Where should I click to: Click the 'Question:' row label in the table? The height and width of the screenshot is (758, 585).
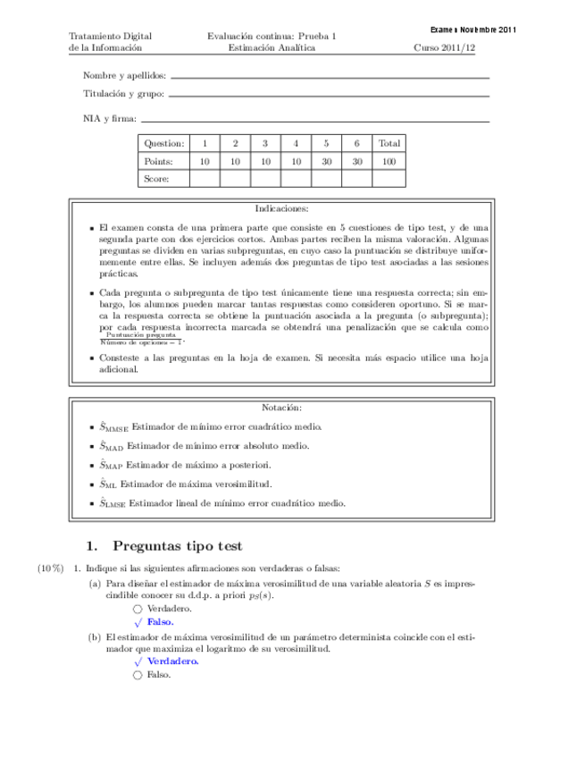(163, 143)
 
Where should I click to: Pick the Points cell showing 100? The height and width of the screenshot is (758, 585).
(389, 161)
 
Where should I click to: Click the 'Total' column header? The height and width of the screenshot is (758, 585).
(389, 143)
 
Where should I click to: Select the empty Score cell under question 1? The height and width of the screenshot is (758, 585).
(205, 179)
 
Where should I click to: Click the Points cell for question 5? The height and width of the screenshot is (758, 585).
(327, 161)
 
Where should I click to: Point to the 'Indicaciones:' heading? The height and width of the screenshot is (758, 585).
(281, 207)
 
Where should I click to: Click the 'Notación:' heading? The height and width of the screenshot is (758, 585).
(281, 408)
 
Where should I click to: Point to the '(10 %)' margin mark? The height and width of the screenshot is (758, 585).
(50, 568)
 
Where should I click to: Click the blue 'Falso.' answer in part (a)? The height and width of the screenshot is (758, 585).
(160, 621)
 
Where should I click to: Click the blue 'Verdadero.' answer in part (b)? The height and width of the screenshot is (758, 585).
(172, 661)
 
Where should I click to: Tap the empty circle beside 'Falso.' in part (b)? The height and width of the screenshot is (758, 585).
(138, 675)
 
